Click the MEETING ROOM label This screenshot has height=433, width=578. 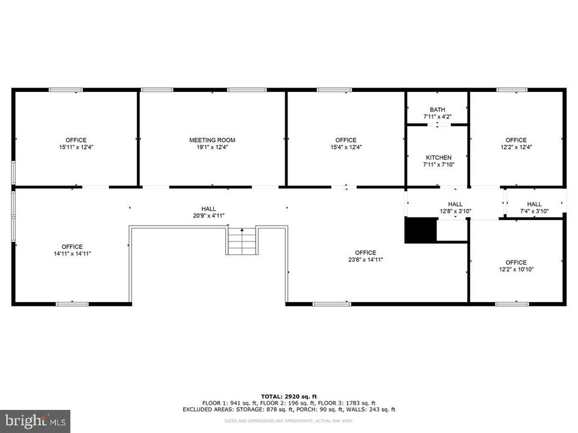(x=212, y=140)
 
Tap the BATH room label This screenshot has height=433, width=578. (x=437, y=110)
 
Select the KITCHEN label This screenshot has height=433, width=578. (x=439, y=158)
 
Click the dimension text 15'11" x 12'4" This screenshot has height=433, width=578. (x=76, y=147)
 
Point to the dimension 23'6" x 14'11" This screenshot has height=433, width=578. (x=366, y=259)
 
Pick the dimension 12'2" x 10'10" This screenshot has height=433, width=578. (x=516, y=269)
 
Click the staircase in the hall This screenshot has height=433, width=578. (x=242, y=241)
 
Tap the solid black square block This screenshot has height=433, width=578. (x=421, y=230)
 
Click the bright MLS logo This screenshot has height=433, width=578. (x=36, y=421)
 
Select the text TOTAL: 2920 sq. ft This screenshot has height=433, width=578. (x=288, y=396)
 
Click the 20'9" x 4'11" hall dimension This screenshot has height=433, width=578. (x=209, y=216)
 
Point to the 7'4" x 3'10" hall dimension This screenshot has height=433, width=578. (x=534, y=211)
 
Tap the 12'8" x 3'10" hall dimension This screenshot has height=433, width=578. (x=456, y=211)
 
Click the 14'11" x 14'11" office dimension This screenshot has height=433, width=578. (x=72, y=254)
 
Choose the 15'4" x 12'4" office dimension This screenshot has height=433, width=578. (x=346, y=147)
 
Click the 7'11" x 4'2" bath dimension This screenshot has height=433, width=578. (x=437, y=117)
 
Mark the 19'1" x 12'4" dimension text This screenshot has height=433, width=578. (x=212, y=147)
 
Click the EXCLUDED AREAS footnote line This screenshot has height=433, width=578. (x=288, y=409)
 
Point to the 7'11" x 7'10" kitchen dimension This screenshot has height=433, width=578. (x=439, y=165)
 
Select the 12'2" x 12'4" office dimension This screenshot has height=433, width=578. (x=516, y=147)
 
